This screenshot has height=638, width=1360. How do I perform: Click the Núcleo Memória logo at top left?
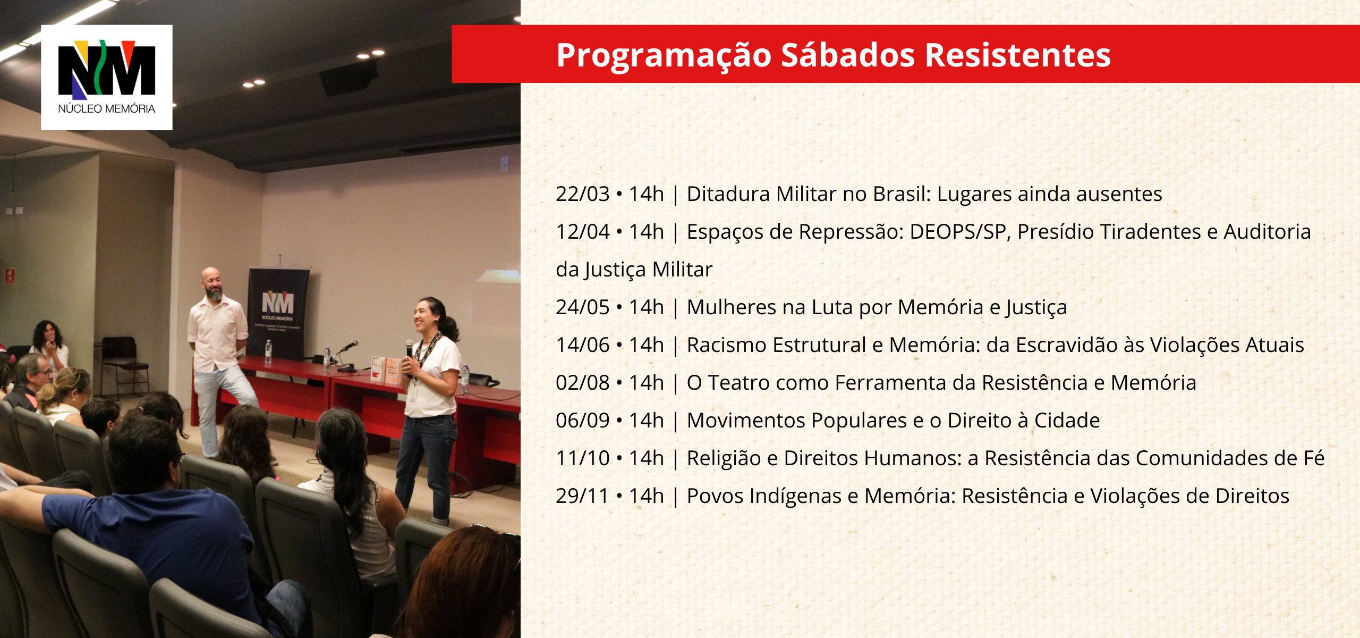(107, 77)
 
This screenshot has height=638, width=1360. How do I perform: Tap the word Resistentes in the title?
(1018, 55)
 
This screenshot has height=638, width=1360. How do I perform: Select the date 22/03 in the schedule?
(582, 194)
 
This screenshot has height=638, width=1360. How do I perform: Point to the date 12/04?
(582, 232)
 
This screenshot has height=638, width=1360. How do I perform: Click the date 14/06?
(582, 345)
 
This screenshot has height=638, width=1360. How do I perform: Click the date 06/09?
(582, 421)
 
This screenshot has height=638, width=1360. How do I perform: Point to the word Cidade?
(1067, 421)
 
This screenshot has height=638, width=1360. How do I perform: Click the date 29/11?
(582, 496)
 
